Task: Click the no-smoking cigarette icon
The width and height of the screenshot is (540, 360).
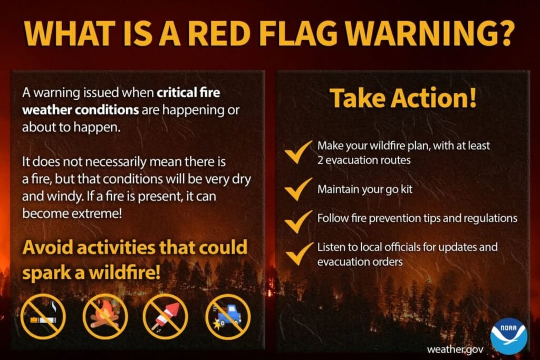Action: [x=43, y=317]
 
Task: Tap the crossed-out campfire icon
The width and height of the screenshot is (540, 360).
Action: [x=105, y=317]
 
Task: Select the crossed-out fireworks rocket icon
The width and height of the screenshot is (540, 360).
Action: [x=166, y=317]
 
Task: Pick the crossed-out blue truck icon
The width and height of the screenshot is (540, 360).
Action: [x=228, y=317]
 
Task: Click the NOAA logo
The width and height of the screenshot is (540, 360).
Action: [x=508, y=336]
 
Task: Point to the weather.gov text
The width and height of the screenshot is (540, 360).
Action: [x=455, y=349]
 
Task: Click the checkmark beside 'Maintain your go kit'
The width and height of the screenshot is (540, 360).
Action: [x=298, y=189]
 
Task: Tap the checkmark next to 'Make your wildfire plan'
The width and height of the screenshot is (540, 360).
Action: [x=298, y=152]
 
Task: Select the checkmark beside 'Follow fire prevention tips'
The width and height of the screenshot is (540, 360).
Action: [x=298, y=222]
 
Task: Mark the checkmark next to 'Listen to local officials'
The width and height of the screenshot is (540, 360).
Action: [x=298, y=254]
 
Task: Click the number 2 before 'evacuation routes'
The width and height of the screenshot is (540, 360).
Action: [x=320, y=160]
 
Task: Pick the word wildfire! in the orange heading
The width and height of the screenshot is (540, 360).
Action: [x=124, y=273]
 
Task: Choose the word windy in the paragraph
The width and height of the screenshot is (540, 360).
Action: [x=65, y=197]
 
